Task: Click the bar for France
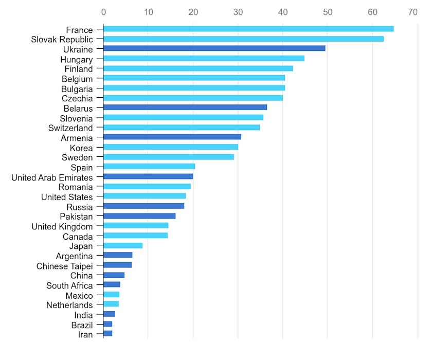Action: click(x=248, y=29)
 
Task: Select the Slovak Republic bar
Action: click(x=243, y=39)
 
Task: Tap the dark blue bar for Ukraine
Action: click(x=214, y=48)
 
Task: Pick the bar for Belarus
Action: click(x=185, y=107)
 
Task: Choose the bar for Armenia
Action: click(x=172, y=137)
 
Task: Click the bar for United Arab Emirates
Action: click(x=148, y=176)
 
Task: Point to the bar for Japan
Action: click(x=123, y=246)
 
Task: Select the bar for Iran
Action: click(x=107, y=333)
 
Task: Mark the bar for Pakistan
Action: click(x=139, y=216)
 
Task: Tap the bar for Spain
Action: click(x=149, y=167)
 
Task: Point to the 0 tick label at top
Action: click(x=103, y=12)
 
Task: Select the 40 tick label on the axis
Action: click(x=282, y=12)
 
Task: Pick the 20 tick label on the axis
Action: click(x=193, y=12)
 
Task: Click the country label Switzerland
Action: click(x=70, y=128)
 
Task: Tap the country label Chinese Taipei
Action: click(x=64, y=266)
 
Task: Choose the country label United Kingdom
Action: click(x=62, y=227)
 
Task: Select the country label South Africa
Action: click(x=69, y=286)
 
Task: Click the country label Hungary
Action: click(x=76, y=60)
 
